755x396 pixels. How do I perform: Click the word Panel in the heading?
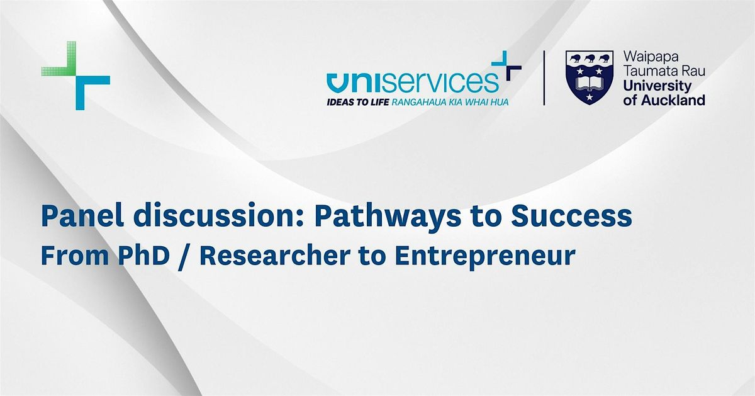(82, 215)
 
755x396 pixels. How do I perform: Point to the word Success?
(571, 216)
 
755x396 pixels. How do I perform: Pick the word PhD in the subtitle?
(143, 256)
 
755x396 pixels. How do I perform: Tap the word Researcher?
(275, 256)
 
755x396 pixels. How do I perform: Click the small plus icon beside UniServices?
(506, 65)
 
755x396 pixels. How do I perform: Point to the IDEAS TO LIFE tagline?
(357, 102)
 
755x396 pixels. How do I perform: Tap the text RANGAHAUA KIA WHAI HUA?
(450, 102)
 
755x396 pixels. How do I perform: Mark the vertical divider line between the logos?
(544, 78)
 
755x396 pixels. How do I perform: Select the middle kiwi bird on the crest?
(590, 58)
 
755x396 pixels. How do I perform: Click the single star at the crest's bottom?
(590, 97)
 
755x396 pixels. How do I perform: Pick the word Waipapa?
(651, 57)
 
